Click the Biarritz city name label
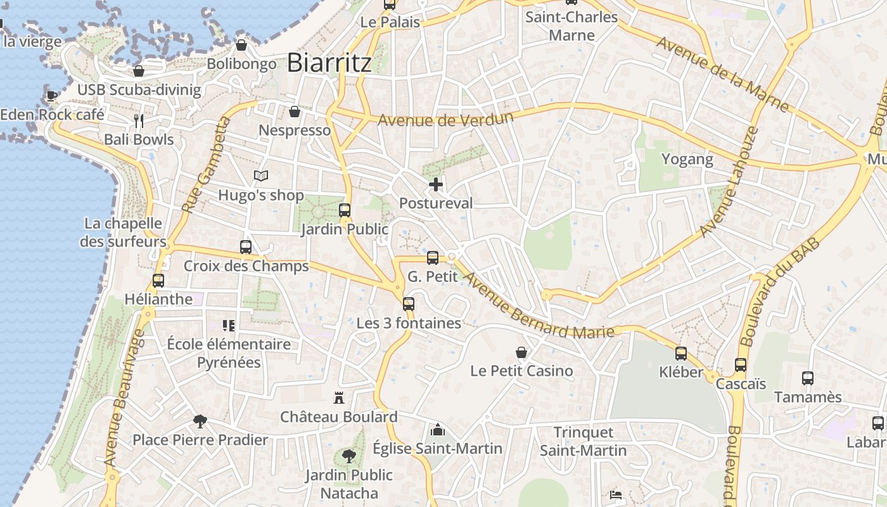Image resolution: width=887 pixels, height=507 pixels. (x=329, y=63)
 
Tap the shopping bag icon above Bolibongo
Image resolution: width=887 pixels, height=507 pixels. (x=241, y=45)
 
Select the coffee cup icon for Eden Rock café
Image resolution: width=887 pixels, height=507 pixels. (x=51, y=96)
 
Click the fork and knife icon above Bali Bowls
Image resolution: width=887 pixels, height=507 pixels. (x=139, y=120)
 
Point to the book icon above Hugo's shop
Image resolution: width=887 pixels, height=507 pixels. (x=261, y=176)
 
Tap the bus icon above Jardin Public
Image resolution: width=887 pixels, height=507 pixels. (x=345, y=210)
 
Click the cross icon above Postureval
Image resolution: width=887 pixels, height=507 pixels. (x=436, y=184)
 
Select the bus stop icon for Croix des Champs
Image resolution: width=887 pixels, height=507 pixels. (x=246, y=247)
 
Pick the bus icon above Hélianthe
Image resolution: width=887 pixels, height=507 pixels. (x=158, y=280)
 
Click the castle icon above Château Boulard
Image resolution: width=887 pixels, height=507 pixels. (x=339, y=398)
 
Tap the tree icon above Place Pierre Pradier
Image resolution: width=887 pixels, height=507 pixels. (x=200, y=420)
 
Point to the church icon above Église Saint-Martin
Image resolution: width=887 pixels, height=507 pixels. (x=437, y=430)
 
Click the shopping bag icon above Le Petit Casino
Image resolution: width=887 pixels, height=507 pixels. (x=521, y=352)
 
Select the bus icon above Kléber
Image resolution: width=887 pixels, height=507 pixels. (x=681, y=353)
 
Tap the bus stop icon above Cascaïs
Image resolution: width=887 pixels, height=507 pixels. (x=741, y=365)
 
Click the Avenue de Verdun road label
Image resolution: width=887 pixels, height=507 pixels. (x=445, y=119)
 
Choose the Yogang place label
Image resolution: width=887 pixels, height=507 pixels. (x=687, y=159)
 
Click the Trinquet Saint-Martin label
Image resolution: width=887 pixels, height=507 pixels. (x=583, y=442)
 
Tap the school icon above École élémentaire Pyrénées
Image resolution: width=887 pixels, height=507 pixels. (x=229, y=326)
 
